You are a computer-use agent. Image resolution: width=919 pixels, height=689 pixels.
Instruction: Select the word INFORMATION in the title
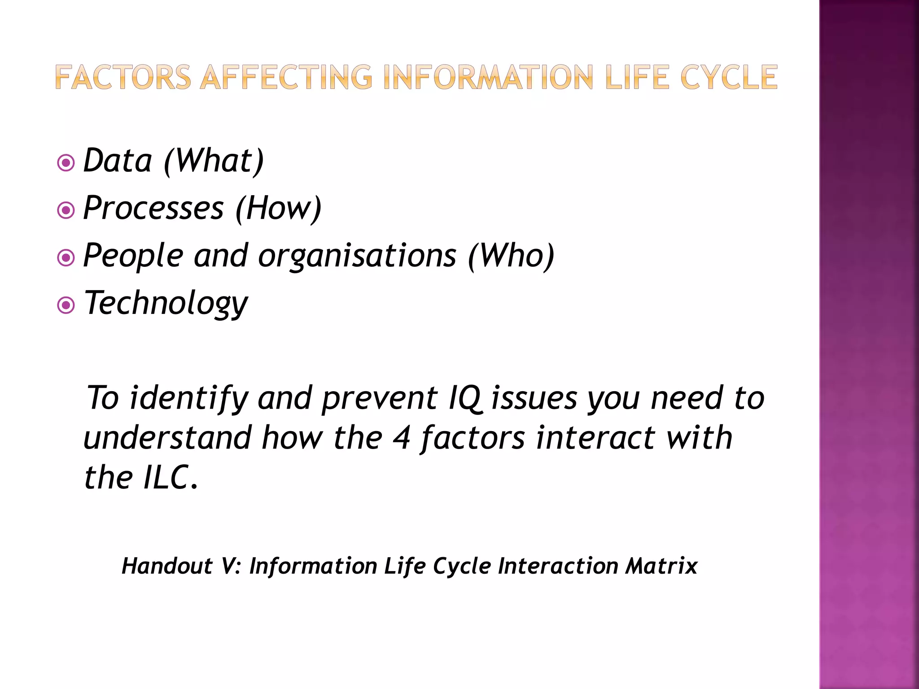point(489,77)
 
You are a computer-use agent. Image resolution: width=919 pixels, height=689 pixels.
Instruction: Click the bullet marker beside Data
point(66,163)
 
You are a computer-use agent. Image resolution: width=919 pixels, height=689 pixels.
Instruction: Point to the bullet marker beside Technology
point(66,305)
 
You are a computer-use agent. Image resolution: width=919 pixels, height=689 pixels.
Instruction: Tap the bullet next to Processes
point(66,210)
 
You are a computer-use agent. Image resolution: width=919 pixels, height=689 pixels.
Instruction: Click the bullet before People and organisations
point(66,258)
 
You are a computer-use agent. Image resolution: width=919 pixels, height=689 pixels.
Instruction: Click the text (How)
point(278,208)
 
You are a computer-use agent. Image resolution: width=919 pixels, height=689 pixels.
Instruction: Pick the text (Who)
point(511,256)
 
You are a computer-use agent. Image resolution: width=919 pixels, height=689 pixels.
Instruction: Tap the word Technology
point(166,304)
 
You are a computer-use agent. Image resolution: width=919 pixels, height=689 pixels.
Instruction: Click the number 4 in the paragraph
point(401,438)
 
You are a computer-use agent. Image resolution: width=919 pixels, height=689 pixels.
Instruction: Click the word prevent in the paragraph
point(380,399)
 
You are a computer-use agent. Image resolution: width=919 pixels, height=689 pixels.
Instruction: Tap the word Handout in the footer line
point(167,566)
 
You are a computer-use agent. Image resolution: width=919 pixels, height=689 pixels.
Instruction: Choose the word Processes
point(153,208)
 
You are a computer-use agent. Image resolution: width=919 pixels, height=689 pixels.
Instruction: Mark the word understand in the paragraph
point(167,438)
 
